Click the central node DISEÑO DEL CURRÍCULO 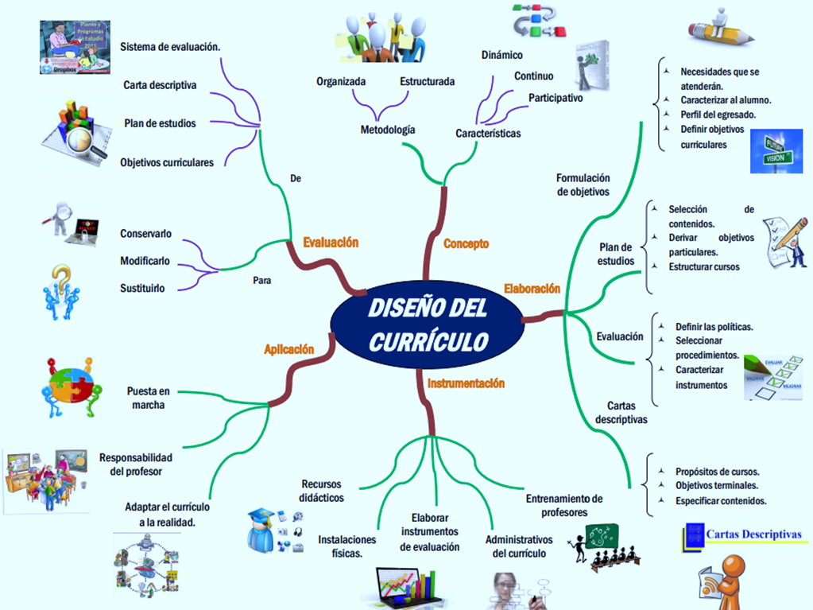click(428, 325)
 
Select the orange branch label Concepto click(466, 243)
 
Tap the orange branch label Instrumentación click(466, 383)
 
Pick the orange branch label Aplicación click(289, 349)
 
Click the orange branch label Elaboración click(532, 288)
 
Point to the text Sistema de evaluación click(170, 47)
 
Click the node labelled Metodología click(388, 130)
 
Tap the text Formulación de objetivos click(583, 185)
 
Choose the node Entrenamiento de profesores click(564, 505)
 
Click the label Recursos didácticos click(323, 491)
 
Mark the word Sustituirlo click(143, 288)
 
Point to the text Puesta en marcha click(149, 398)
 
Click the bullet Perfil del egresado click(718, 114)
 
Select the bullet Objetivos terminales click(716, 485)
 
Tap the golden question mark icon click(62, 291)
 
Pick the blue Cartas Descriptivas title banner click(743, 535)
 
